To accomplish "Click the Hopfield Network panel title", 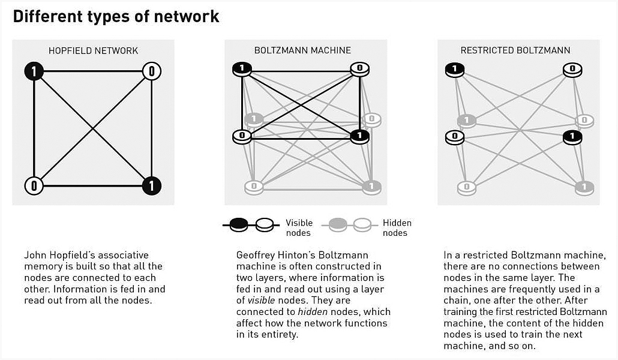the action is click(x=94, y=50).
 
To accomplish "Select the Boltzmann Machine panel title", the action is click(x=302, y=50).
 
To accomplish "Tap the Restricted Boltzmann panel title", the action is click(x=515, y=50).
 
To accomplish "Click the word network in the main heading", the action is click(x=187, y=17).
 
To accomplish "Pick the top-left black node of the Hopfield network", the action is click(x=34, y=71).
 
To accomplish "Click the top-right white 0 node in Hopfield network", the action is click(x=152, y=71).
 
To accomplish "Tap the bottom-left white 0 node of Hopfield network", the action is click(x=34, y=186).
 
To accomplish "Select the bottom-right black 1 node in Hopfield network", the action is click(x=152, y=186).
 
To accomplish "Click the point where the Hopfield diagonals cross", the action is click(x=93, y=128).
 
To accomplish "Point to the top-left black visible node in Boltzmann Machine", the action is click(x=242, y=70).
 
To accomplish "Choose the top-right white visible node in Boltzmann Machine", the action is click(x=360, y=70).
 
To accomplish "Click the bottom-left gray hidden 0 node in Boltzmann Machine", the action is click(x=254, y=187).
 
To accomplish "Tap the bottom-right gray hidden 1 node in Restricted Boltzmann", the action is click(x=584, y=188).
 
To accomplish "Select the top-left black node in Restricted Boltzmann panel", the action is click(x=455, y=70).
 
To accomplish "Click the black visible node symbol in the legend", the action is click(x=238, y=225).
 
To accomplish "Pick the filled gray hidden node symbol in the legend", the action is click(x=337, y=225).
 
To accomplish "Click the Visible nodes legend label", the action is click(x=299, y=228).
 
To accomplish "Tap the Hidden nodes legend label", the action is click(x=397, y=228).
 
